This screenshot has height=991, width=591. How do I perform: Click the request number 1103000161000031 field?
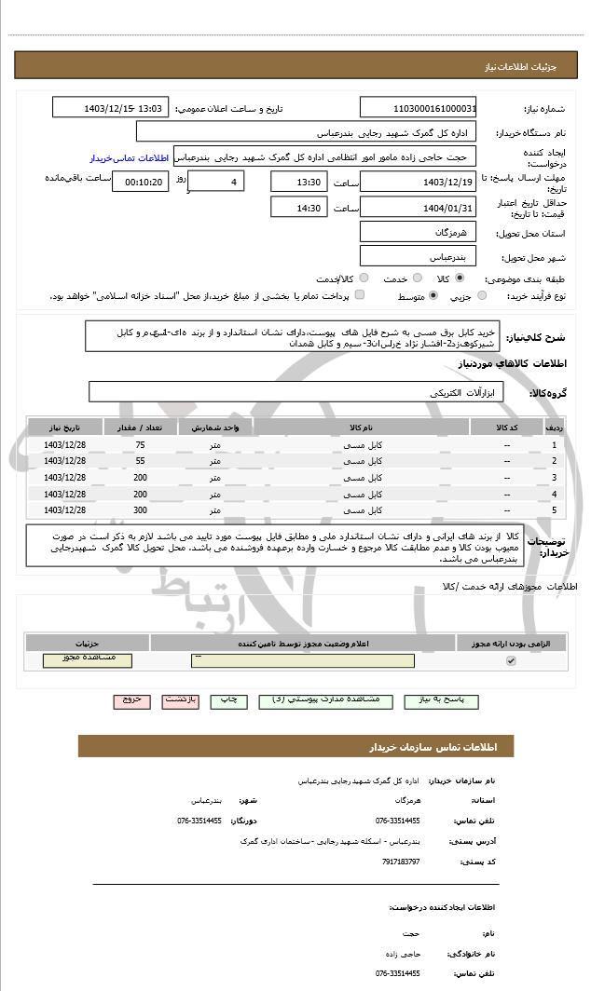click(x=418, y=108)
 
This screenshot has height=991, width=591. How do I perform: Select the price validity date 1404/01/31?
click(x=418, y=208)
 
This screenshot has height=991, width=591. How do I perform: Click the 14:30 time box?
click(x=298, y=208)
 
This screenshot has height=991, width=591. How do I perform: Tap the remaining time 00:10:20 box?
click(x=140, y=182)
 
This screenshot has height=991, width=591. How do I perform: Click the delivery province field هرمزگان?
click(x=418, y=231)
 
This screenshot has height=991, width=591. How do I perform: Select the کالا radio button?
click(x=460, y=278)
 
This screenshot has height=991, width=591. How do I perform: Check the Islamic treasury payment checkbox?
click(x=360, y=295)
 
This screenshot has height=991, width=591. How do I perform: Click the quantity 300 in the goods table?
click(x=140, y=510)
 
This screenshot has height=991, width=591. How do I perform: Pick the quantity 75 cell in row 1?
click(x=140, y=446)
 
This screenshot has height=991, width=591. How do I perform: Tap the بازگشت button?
click(x=180, y=699)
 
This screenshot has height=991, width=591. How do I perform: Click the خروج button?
click(x=131, y=699)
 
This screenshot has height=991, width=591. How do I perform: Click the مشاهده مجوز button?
click(x=88, y=659)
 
